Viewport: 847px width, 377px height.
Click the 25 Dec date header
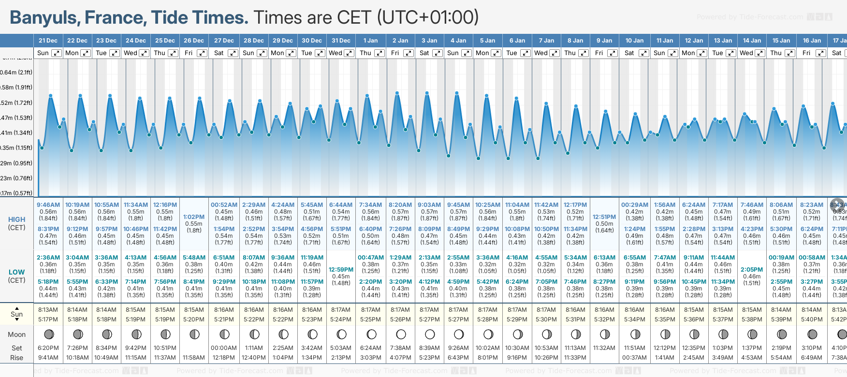click(165, 41)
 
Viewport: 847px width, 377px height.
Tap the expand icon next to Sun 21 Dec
click(57, 53)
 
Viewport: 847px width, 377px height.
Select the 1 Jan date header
click(370, 41)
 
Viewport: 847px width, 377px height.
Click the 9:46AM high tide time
click(48, 205)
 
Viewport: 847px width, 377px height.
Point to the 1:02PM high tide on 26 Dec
click(194, 217)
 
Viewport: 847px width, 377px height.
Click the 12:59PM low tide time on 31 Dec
click(341, 270)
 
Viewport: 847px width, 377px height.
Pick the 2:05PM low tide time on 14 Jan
click(752, 270)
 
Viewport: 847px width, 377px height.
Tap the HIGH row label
click(16, 219)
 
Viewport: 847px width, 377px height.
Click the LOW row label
click(16, 272)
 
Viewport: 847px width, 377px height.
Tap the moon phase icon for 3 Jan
click(429, 334)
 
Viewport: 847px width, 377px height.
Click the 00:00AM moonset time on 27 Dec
click(224, 348)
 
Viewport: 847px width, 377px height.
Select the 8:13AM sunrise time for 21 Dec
click(48, 310)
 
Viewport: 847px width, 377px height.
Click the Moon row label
click(16, 334)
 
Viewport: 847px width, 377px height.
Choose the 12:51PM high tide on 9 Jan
click(604, 217)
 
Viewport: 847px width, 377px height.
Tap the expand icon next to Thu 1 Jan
click(380, 53)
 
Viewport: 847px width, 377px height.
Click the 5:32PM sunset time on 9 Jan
click(604, 319)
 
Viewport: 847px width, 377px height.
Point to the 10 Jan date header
click(634, 41)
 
